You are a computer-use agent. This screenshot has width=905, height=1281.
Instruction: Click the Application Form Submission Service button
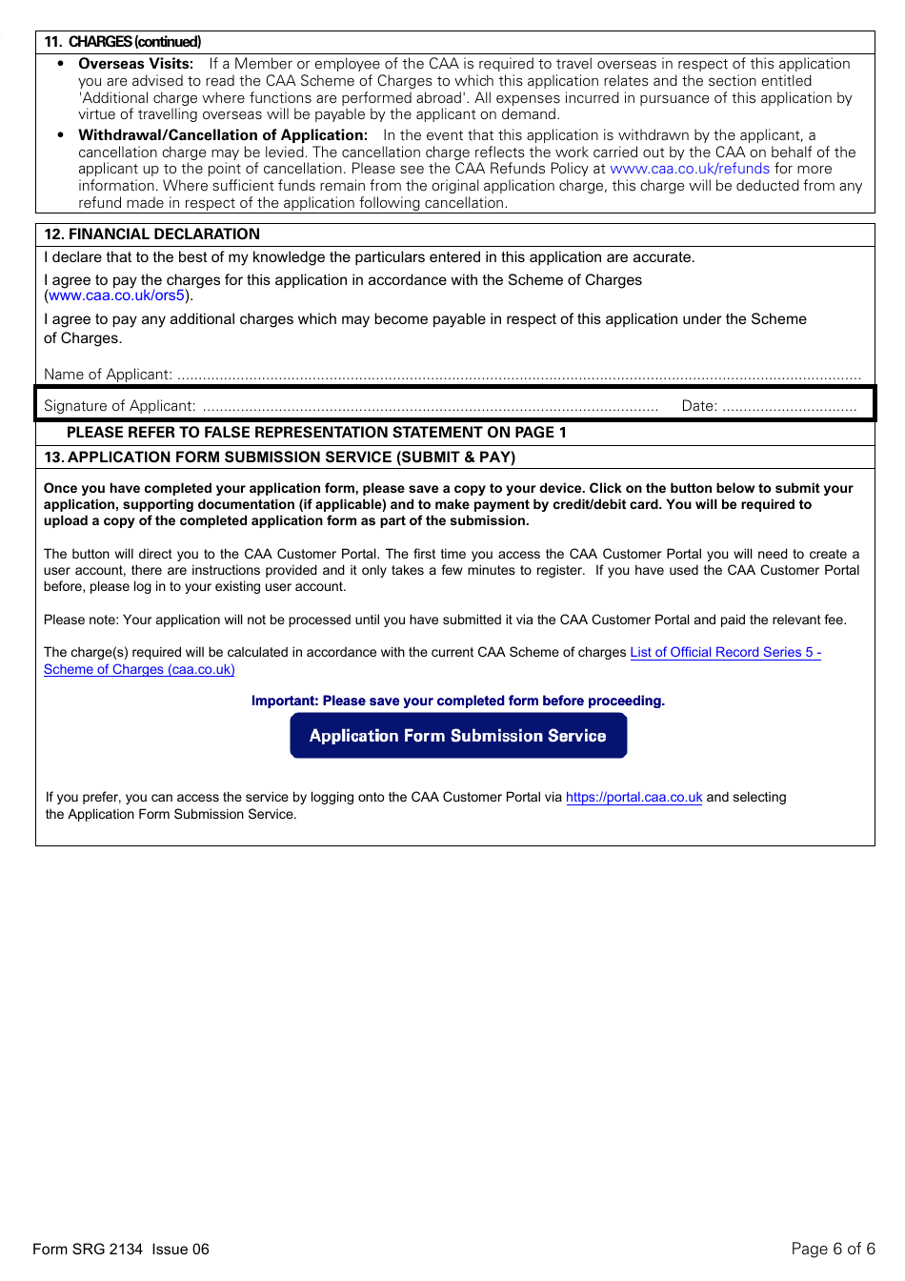(x=458, y=736)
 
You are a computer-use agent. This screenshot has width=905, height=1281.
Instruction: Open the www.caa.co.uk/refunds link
(x=689, y=169)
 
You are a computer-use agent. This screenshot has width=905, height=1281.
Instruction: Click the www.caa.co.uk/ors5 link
(x=116, y=295)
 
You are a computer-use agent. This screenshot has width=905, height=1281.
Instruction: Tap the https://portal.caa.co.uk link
(x=633, y=798)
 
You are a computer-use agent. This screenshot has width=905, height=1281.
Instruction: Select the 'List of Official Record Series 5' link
(x=724, y=653)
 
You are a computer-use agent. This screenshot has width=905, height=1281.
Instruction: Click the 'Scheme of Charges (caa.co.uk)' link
(x=139, y=670)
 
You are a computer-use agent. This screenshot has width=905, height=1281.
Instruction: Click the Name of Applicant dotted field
(x=518, y=376)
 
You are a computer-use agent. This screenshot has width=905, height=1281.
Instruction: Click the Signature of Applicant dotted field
(x=430, y=406)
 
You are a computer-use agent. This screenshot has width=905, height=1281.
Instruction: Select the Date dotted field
(x=789, y=406)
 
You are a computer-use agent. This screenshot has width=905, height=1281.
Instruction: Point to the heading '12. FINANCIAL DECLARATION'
(x=151, y=234)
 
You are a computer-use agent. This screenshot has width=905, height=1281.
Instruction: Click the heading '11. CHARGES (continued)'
(x=123, y=42)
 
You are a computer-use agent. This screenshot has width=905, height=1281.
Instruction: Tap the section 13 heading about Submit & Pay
(x=280, y=457)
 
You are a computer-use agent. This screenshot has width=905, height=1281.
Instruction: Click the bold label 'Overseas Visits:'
(x=135, y=64)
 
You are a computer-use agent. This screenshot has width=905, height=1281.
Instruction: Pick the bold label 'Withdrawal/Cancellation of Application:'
(x=223, y=135)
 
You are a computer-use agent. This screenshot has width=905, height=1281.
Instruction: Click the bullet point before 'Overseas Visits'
(x=61, y=64)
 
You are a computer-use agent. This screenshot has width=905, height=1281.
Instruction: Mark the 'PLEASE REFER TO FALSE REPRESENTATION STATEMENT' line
(x=316, y=433)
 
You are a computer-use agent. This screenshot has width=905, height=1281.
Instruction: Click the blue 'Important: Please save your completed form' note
(x=458, y=701)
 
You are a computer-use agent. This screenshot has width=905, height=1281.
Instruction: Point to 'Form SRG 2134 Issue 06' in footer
(x=121, y=1250)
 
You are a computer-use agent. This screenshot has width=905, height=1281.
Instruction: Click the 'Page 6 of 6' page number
(x=833, y=1250)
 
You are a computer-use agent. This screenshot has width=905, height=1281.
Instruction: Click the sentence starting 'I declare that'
(x=370, y=257)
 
